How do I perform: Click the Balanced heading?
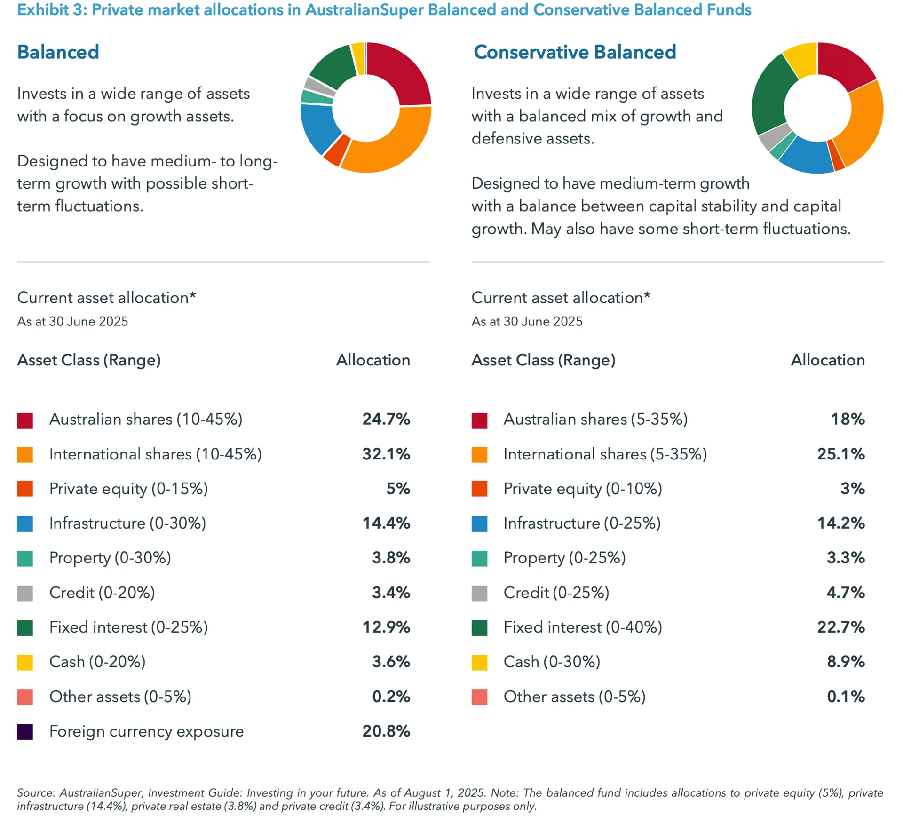(58, 52)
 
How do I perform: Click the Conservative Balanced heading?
(574, 52)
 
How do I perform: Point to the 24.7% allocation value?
(386, 419)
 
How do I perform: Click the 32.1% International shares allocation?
(386, 454)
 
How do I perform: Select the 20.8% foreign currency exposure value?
(386, 731)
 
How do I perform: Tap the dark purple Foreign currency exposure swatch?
(25, 732)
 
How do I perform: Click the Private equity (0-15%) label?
(128, 489)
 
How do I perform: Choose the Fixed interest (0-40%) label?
(582, 627)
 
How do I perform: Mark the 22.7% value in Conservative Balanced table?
(840, 627)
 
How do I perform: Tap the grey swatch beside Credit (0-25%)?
(479, 593)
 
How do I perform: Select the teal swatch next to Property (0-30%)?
(25, 558)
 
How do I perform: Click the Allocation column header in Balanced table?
(372, 360)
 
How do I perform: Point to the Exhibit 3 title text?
(384, 9)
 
